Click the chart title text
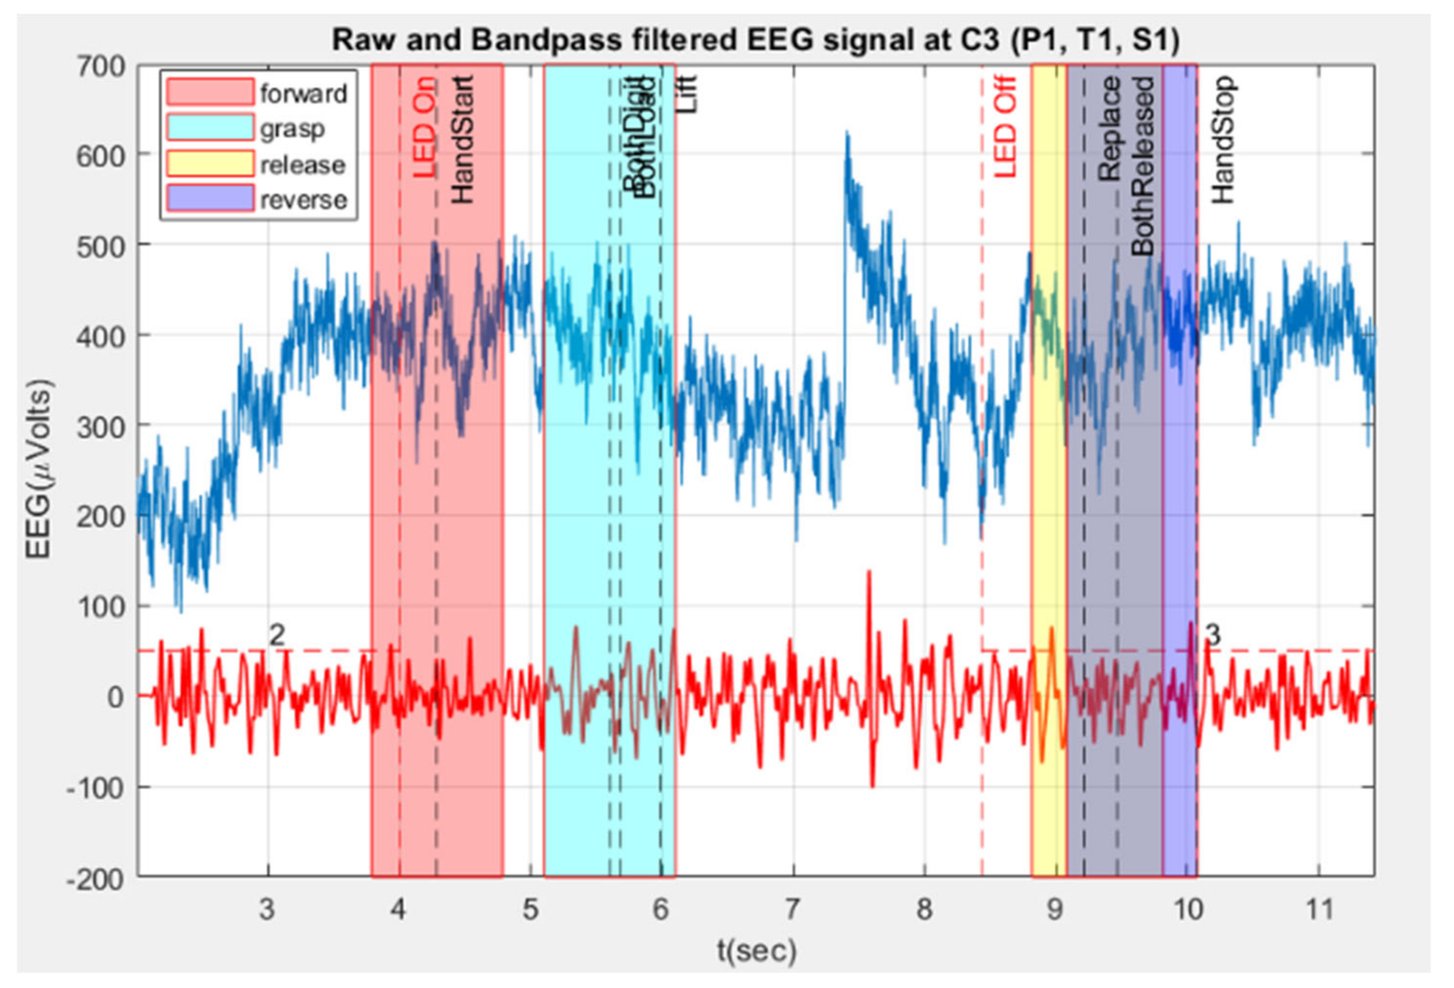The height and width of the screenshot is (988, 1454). [x=756, y=41]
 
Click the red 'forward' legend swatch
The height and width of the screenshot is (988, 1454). [x=210, y=92]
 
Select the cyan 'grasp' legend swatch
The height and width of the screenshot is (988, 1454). [x=210, y=128]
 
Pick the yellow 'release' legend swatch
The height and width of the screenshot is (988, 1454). [x=210, y=164]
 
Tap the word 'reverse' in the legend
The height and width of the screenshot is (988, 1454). [x=304, y=201]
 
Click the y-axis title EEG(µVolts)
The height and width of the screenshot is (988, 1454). [x=39, y=470]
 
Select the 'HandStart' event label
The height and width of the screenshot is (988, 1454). [x=463, y=139]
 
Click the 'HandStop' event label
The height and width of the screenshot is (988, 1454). [x=1223, y=139]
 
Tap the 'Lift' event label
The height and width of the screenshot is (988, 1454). [x=687, y=94]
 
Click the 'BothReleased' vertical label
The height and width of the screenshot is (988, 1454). [x=1143, y=166]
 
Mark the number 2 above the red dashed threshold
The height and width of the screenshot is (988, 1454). [x=277, y=635]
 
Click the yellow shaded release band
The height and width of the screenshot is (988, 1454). [x=1049, y=501]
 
